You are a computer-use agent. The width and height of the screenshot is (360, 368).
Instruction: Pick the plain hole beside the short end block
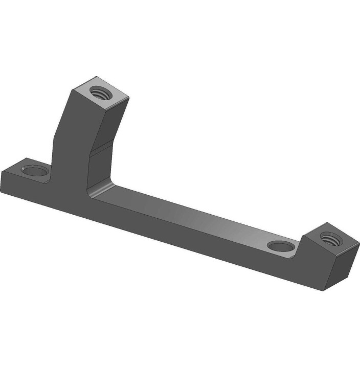tap(281, 247)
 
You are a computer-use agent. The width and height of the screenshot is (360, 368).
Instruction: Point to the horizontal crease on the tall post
tap(102, 147)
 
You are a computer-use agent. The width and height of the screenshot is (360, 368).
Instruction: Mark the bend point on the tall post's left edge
tap(54, 134)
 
